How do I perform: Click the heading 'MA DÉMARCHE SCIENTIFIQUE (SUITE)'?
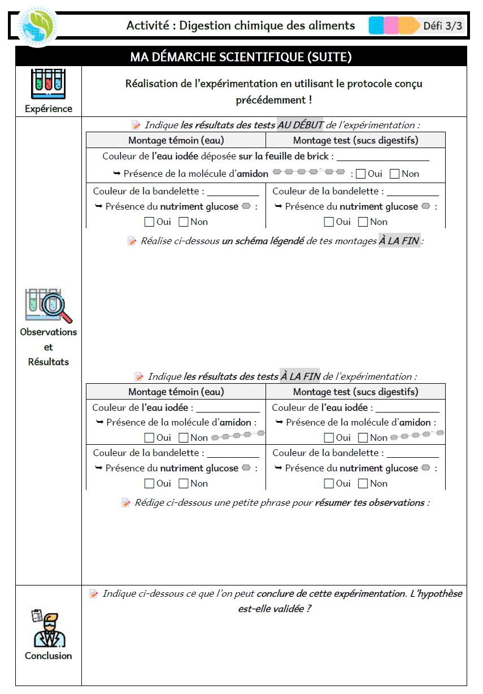[241, 57]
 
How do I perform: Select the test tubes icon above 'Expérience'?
[48, 84]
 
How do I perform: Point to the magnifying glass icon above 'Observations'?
[49, 306]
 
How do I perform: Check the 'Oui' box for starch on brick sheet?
[361, 174]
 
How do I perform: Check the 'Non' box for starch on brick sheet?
[395, 174]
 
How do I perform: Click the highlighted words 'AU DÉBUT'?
[301, 125]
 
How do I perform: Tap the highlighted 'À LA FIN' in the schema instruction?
[399, 241]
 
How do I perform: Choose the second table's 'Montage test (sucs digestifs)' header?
[355, 392]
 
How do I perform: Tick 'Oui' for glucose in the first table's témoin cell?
[149, 222]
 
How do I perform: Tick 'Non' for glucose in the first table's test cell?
[363, 222]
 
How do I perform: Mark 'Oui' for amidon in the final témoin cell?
[149, 437]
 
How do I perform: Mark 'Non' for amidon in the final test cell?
[363, 437]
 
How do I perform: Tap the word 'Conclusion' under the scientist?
[49, 656]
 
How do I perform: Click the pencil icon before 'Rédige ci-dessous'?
[126, 502]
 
